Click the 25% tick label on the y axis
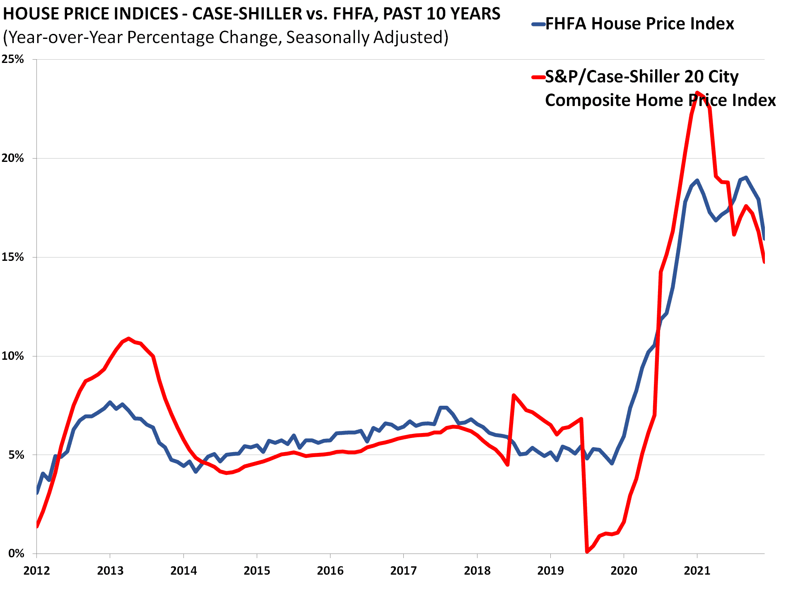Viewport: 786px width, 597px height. (13, 59)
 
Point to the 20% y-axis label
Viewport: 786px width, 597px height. (13, 158)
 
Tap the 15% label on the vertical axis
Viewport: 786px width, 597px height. (13, 257)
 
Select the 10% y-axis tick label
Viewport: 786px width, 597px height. (13, 356)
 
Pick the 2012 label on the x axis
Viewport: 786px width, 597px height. (36, 571)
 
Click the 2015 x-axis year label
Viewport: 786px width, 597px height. (257, 571)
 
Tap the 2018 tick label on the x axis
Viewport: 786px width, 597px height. (477, 571)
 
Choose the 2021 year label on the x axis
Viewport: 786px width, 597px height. (697, 571)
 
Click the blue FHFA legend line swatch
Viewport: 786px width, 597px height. (538, 24)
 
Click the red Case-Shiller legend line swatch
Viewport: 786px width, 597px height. (538, 77)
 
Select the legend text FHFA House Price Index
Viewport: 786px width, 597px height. (639, 24)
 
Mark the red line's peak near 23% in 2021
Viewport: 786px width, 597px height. (697, 92)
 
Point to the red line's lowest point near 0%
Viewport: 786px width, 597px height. (587, 551)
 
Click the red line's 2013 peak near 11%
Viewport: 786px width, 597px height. (128, 338)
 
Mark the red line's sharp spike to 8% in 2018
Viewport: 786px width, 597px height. (514, 395)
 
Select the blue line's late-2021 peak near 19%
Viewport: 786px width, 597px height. (746, 178)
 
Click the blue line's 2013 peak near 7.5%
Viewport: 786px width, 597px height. (110, 402)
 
